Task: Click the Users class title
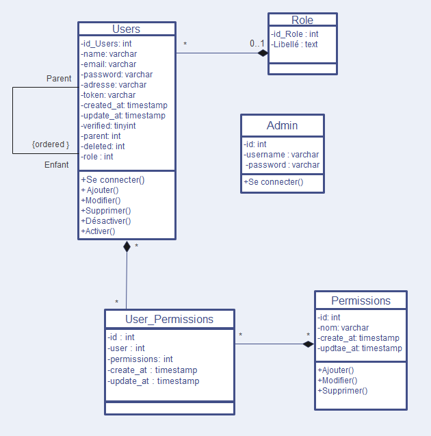[x=126, y=29]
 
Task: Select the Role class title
[x=302, y=20]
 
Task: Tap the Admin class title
[x=282, y=126]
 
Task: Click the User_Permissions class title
[x=169, y=319]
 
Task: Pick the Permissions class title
[x=361, y=300]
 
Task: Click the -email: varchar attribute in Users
[x=109, y=64]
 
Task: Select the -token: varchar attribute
[x=108, y=95]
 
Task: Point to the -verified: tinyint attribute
[x=108, y=126]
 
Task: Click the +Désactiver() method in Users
[x=106, y=221]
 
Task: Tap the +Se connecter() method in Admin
[x=274, y=182]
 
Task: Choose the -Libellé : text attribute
[x=294, y=44]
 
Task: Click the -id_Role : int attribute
[x=295, y=34]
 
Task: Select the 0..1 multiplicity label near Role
[x=257, y=44]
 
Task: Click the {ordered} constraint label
[x=51, y=144]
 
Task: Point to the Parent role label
[x=59, y=79]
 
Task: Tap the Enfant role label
[x=57, y=165]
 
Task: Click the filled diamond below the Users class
[x=127, y=247]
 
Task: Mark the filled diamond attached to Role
[x=262, y=53]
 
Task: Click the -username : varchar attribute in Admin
[x=282, y=155]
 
